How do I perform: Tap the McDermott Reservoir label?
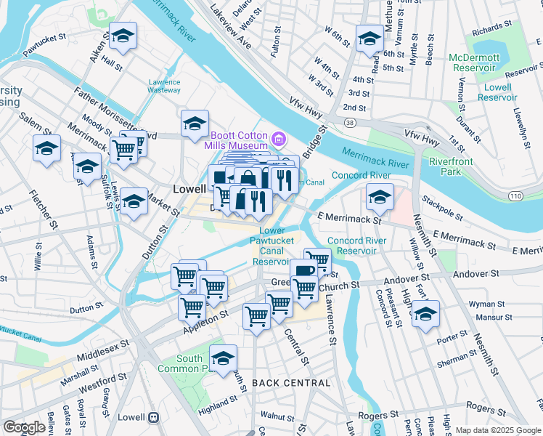pos(474,62)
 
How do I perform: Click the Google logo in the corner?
pos(25,427)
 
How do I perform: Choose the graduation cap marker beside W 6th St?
pos(370,38)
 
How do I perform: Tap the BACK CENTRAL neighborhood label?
pos(291,382)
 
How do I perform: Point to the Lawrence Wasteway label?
pos(164,86)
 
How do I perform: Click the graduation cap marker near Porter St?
pos(426,313)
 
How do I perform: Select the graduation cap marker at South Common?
pos(223,358)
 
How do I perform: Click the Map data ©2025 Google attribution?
pos(497,430)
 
